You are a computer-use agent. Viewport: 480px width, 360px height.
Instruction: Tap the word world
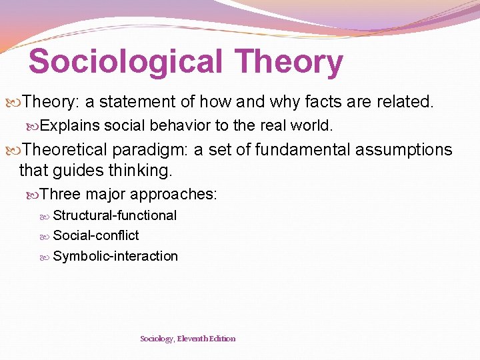tap(315, 125)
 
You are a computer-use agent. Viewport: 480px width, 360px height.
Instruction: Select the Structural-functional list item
tap(115, 215)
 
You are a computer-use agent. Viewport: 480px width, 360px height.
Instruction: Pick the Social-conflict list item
tap(96, 235)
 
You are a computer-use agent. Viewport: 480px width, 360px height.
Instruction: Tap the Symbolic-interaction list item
tap(115, 256)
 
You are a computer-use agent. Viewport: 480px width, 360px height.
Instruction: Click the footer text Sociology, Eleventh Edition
tap(187, 339)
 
